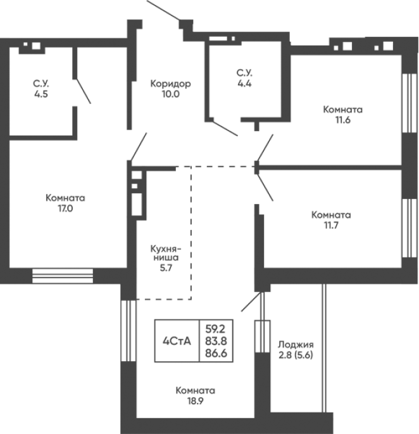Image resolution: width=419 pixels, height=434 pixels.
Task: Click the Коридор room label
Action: click(x=171, y=83)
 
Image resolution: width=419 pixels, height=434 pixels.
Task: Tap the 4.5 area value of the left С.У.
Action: click(x=41, y=94)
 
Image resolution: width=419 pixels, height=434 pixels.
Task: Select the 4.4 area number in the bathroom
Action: click(x=244, y=83)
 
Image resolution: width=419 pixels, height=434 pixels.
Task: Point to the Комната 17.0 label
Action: click(x=65, y=203)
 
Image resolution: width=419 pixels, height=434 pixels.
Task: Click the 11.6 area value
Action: click(x=343, y=120)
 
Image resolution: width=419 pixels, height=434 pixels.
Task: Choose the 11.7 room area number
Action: click(x=331, y=226)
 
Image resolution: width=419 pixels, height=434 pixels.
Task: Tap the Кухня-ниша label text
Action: click(x=166, y=253)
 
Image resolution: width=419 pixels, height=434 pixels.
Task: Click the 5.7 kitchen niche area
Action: click(x=166, y=267)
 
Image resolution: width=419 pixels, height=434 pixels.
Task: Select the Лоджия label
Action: click(x=296, y=345)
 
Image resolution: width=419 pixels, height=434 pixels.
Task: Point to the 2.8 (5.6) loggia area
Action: click(x=296, y=355)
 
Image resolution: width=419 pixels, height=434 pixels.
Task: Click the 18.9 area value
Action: click(x=195, y=401)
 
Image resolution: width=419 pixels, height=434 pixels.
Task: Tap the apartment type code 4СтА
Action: click(x=177, y=341)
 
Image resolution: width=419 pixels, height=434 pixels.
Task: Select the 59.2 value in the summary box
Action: click(x=215, y=329)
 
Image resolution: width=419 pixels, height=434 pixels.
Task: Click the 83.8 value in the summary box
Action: click(x=216, y=341)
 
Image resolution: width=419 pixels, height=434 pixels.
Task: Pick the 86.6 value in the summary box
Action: click(x=216, y=353)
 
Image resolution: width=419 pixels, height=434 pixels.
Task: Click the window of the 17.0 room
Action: click(x=63, y=276)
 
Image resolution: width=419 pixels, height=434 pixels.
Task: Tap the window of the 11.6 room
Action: click(x=410, y=103)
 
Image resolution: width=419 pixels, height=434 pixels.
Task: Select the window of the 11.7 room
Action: click(x=410, y=228)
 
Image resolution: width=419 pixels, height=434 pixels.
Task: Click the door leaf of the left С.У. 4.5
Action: click(x=84, y=91)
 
